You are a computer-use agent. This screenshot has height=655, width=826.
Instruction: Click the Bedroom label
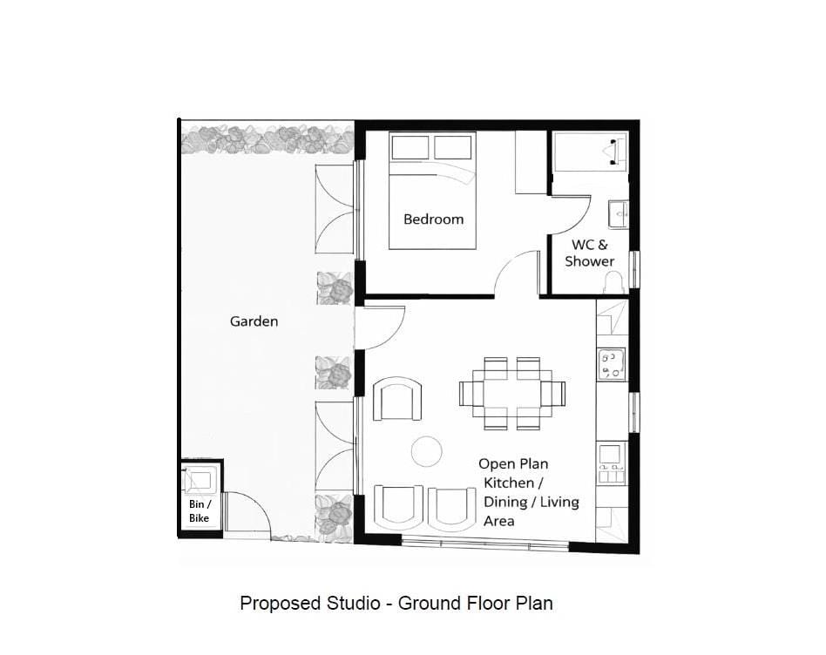(434, 219)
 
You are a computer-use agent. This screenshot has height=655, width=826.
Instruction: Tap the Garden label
(254, 321)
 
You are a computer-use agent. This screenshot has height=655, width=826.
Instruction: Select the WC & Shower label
(590, 253)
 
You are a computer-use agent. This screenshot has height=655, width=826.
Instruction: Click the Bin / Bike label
(200, 510)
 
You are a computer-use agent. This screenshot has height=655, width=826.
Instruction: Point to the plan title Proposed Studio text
(310, 603)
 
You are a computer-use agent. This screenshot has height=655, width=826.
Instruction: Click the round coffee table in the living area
(426, 452)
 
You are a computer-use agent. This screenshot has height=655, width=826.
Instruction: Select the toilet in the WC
(613, 283)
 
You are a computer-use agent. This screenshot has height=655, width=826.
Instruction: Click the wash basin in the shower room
(619, 214)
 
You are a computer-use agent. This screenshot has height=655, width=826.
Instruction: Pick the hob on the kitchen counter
(612, 364)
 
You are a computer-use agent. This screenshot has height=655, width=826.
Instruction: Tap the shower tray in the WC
(591, 152)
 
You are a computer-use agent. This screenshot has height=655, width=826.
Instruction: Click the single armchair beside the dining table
(397, 399)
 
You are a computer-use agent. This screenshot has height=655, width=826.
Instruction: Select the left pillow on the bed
(410, 147)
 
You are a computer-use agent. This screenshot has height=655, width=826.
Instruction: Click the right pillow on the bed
(452, 147)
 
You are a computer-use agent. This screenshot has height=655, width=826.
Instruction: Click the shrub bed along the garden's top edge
(267, 139)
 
